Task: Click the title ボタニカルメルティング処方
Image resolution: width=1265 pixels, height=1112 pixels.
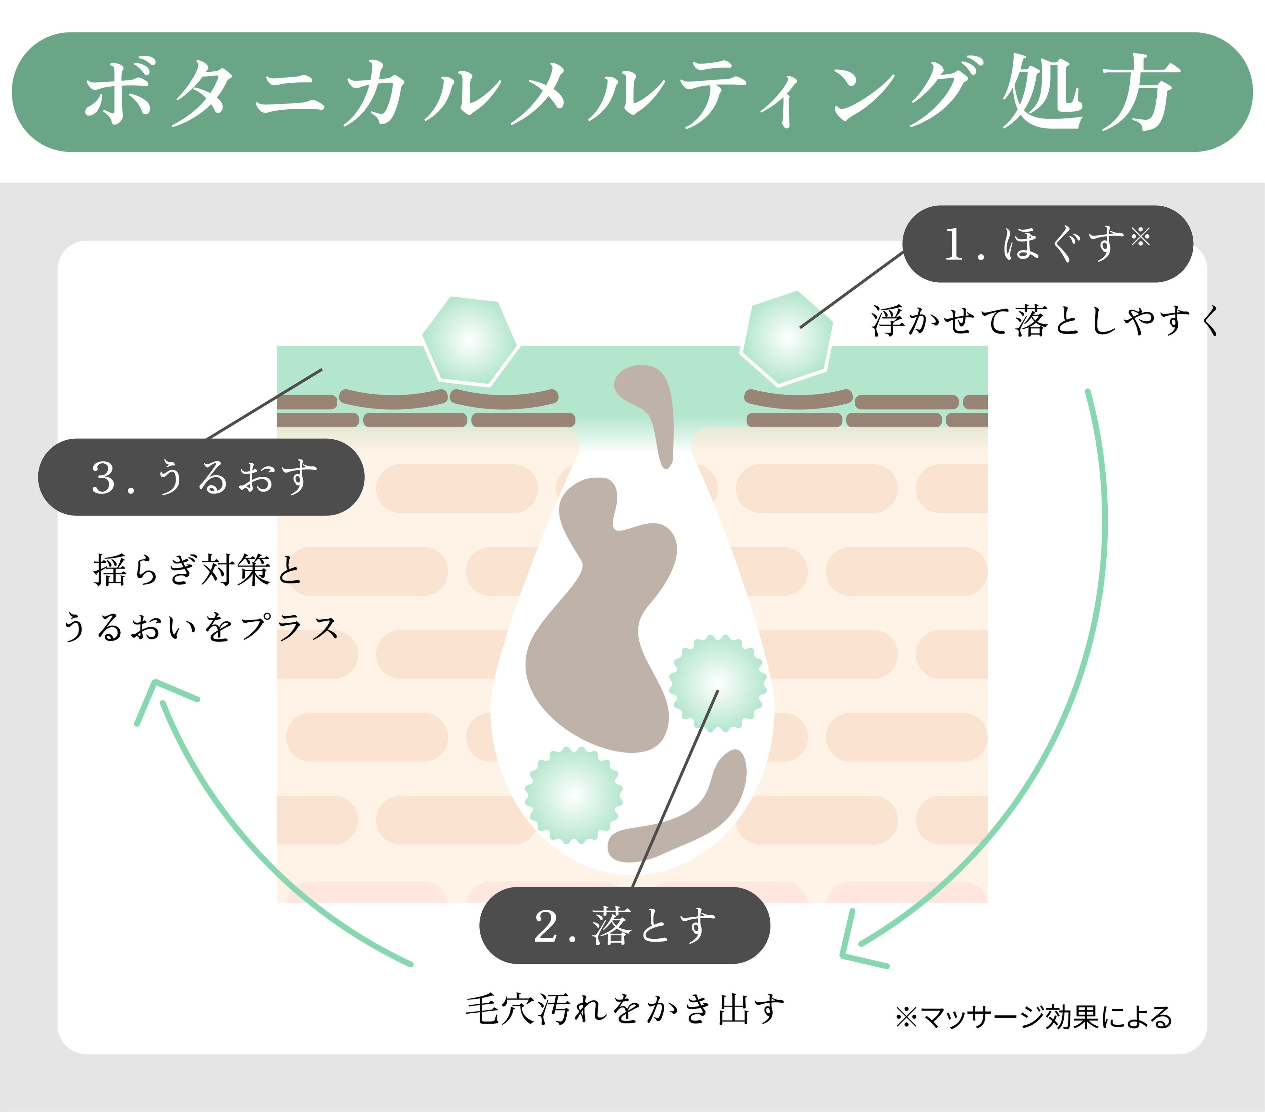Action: (x=631, y=93)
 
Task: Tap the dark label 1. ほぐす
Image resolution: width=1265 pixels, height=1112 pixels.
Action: (x=1047, y=244)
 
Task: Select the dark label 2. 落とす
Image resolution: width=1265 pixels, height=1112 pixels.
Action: (x=624, y=926)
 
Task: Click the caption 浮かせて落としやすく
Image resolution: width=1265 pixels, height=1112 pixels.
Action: (x=1045, y=321)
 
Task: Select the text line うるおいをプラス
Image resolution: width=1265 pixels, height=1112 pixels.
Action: (x=201, y=627)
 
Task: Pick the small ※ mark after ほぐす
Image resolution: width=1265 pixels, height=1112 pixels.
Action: (x=1140, y=236)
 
